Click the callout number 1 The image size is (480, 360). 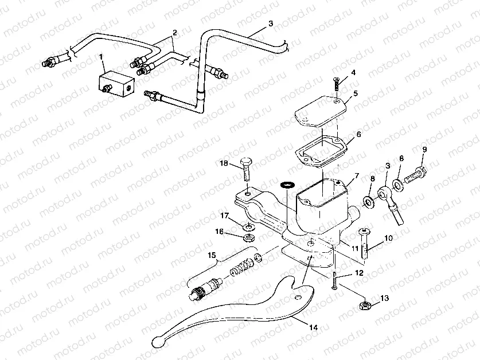point(102,57)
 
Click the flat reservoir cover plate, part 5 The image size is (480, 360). point(322,112)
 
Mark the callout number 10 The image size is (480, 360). point(388,237)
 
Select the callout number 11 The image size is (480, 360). point(355,248)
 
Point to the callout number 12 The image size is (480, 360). point(358,273)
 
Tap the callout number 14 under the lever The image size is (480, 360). point(313,327)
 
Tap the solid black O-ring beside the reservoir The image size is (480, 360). point(286,185)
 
